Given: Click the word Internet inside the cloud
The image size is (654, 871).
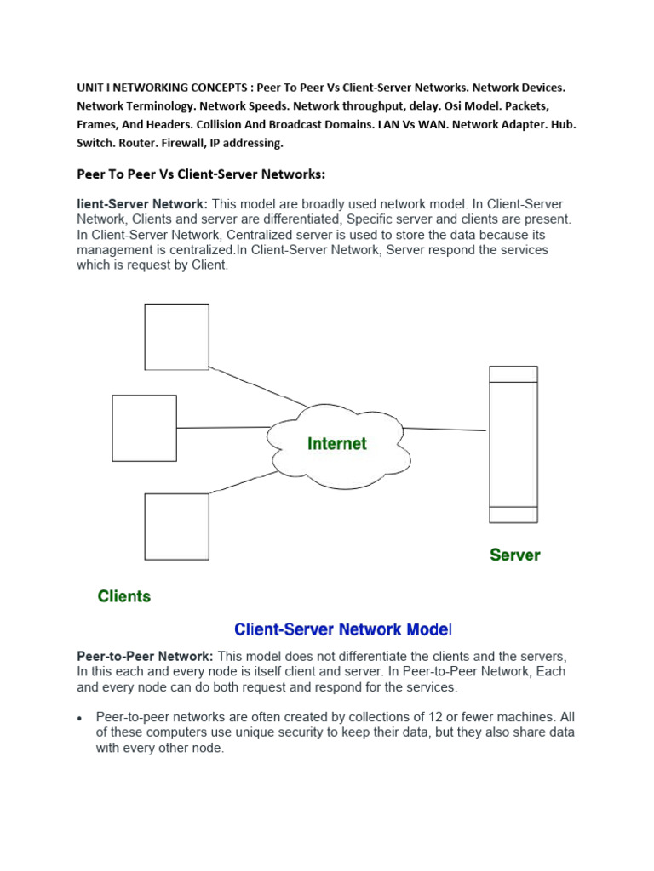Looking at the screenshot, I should coord(337,443).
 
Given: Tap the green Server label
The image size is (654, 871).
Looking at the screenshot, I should coord(514,555).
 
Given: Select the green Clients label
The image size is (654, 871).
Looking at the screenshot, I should coord(124,596).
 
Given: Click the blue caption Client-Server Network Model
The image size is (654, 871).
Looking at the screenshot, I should coord(342,630).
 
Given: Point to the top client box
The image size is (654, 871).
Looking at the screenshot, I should coord(176,337).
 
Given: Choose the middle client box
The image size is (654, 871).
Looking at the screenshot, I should coord(144,428).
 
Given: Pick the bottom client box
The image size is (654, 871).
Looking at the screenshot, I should coord(176,527).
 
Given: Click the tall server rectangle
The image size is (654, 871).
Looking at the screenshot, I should coord(513,444).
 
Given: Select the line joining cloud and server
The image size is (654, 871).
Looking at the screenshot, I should coord(444,429).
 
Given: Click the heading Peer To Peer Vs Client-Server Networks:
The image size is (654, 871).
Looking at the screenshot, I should coord(201,174).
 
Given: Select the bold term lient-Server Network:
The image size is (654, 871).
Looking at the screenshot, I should coord(142,204).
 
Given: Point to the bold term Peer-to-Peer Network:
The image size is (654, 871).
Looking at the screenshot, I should coord(146,657).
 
